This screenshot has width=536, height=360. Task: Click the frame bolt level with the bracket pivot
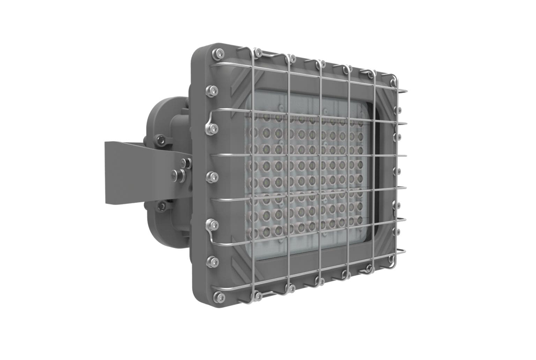210,174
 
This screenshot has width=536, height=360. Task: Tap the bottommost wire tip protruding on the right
405,250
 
